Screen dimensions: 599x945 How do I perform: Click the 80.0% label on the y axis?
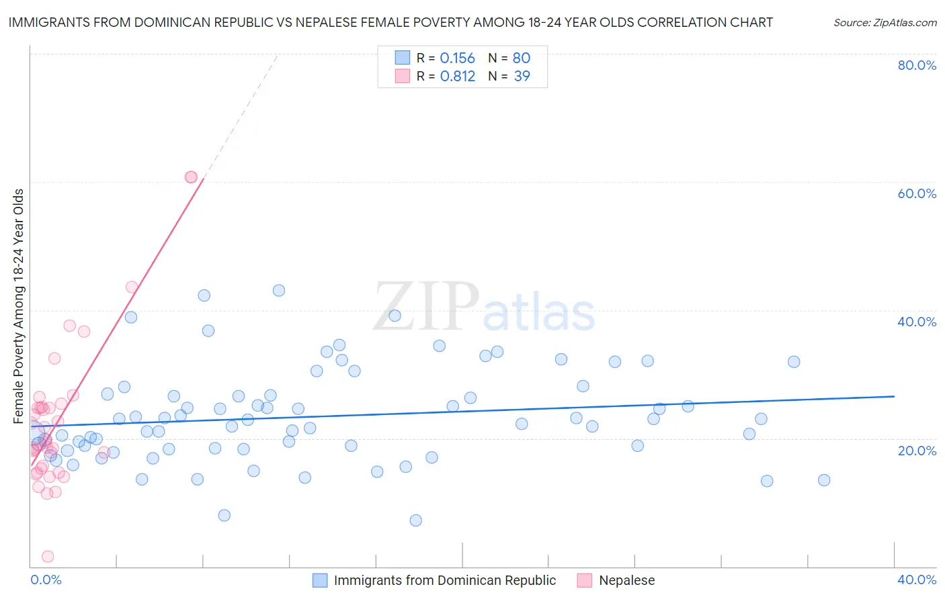(x=917, y=65)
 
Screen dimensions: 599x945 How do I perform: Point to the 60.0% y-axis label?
(x=917, y=193)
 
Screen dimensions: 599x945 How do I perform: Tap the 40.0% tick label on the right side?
(x=917, y=322)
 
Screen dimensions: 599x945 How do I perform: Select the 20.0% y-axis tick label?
(x=917, y=450)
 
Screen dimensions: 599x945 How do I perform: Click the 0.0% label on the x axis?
(x=46, y=580)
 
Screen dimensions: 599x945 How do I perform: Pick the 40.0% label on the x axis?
(x=917, y=580)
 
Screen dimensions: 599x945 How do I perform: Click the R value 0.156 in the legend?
(x=457, y=58)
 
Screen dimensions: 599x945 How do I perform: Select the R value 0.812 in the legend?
(x=457, y=77)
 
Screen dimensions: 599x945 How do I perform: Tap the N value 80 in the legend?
(x=522, y=58)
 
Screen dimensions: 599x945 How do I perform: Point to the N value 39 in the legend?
(x=522, y=77)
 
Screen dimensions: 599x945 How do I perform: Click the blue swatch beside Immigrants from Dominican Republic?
(x=320, y=580)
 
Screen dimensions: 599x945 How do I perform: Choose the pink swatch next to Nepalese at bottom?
(x=585, y=580)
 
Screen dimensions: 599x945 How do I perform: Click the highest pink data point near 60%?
(x=191, y=177)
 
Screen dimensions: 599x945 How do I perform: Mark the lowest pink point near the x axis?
(x=48, y=556)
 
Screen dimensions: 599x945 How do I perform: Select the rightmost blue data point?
(x=824, y=480)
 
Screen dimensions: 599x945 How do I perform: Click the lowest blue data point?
(x=415, y=520)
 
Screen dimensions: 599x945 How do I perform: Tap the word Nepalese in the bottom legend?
(x=626, y=580)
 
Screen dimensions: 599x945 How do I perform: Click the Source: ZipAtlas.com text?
(x=885, y=23)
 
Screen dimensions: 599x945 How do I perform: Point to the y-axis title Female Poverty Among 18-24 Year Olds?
(x=19, y=306)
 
